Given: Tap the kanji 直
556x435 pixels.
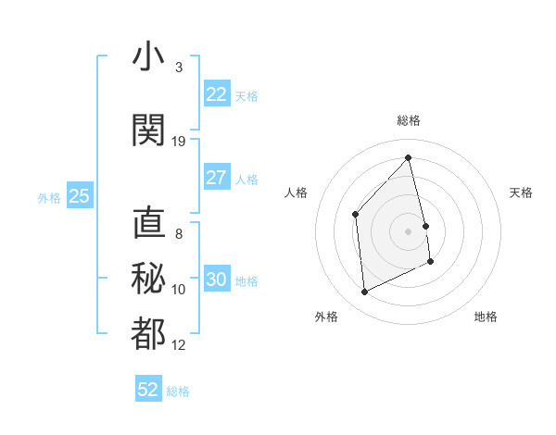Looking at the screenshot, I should pos(148,223).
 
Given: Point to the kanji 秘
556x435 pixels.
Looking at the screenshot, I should pos(148,279).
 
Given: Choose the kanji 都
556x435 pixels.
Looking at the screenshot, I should pos(148,334).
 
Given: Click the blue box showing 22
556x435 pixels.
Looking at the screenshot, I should pos(216,93).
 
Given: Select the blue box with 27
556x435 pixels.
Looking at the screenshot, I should pos(216,178).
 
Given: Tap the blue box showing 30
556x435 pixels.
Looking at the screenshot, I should pos(216,280).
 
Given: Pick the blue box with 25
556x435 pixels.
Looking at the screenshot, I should pos(79,196).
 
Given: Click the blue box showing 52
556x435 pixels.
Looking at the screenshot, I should pos(148,390).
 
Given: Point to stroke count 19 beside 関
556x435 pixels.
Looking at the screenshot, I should pos(179,142).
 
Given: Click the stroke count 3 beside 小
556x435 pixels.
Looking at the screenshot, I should pos(179,68).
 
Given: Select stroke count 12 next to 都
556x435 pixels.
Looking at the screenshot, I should pos(179,345).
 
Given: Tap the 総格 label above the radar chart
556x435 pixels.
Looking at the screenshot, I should pos(409,120).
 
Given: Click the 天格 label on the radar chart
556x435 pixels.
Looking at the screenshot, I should pos(521,193).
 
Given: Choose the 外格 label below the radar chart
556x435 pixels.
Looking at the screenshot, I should pos(326,317).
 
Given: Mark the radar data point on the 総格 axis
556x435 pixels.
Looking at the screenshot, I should pos(408,157).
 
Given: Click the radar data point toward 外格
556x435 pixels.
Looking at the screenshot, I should pos(364,292).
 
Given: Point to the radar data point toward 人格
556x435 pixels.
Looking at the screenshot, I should pos(355,214).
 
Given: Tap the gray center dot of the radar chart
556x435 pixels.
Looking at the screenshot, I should pos(408,230).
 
